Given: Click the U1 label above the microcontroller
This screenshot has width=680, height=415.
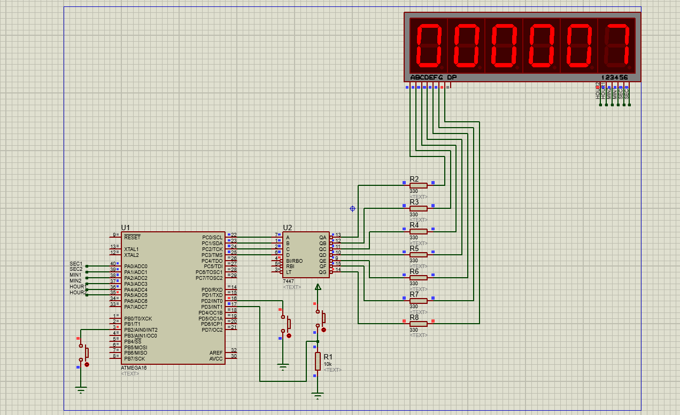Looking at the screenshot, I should click(126, 227).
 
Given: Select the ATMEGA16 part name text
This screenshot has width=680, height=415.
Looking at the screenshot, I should click(133, 367).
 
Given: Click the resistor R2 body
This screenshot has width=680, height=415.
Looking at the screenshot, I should click(418, 185).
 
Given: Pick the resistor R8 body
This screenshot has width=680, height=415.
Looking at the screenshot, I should click(418, 324).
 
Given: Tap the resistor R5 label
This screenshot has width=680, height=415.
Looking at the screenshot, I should click(414, 248).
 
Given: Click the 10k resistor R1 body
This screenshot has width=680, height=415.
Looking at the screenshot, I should click(318, 361).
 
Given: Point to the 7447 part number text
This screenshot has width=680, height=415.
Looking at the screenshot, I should click(288, 281).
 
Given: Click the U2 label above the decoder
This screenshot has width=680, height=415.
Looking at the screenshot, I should click(288, 227).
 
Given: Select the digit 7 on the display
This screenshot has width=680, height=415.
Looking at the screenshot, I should click(616, 45).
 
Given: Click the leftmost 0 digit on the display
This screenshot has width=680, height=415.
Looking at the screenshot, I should click(428, 45).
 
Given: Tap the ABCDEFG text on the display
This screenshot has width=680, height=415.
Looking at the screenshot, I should click(427, 77).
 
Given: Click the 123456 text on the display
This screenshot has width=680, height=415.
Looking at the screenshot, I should click(614, 77).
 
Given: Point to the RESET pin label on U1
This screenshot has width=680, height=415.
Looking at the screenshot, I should click(132, 237).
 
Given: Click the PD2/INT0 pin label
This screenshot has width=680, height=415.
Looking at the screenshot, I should click(212, 301).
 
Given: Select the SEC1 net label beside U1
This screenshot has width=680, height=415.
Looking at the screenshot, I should click(76, 264).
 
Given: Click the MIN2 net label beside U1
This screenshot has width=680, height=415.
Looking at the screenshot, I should click(75, 281).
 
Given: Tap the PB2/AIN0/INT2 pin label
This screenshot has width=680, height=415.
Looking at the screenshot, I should click(141, 330).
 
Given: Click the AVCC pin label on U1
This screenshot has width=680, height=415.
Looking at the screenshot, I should click(216, 358).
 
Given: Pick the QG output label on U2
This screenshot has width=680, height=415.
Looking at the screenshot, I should click(322, 272).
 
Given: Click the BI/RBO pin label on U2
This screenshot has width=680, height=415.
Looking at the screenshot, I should click(294, 261).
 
